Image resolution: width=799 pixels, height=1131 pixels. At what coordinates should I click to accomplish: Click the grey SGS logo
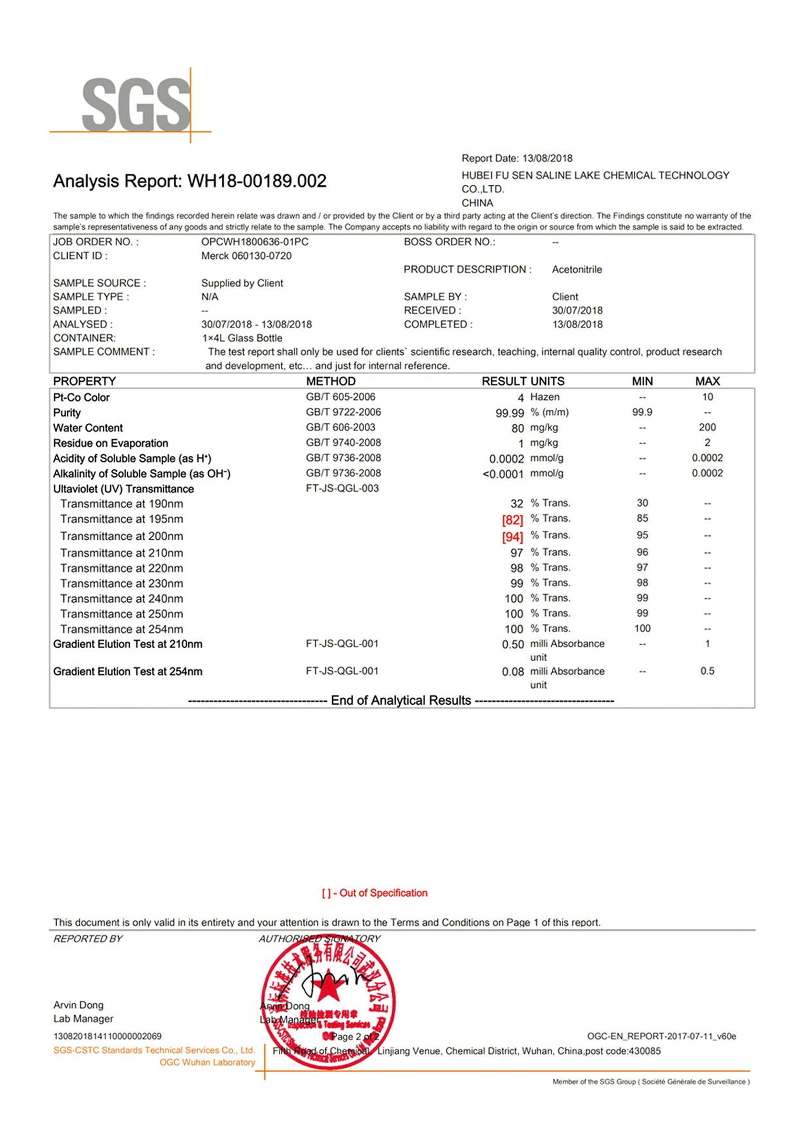click(135, 105)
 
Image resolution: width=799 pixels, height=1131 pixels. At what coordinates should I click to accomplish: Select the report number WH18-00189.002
click(257, 181)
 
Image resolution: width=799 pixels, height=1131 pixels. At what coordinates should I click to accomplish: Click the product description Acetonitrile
click(576, 270)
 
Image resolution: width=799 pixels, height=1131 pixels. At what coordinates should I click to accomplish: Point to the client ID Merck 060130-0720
click(246, 256)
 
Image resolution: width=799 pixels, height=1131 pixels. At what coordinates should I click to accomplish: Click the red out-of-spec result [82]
click(512, 520)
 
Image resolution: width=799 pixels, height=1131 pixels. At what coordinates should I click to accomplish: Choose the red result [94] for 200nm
click(512, 536)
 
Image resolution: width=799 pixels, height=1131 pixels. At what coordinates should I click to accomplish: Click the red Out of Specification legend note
click(375, 893)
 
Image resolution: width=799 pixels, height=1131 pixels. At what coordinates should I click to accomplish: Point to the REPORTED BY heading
click(88, 939)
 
